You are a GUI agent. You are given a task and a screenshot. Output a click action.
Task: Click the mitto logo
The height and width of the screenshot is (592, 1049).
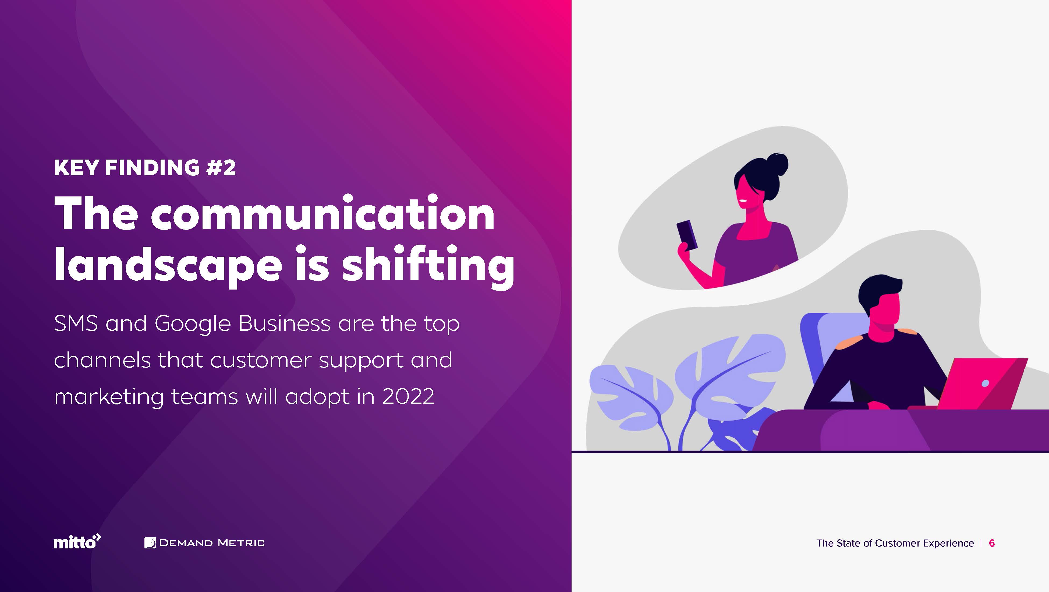pos(77,542)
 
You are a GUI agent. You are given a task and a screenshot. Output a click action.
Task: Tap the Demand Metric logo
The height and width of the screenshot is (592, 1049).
pos(204,543)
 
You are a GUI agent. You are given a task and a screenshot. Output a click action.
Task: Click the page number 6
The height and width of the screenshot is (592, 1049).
pos(992,543)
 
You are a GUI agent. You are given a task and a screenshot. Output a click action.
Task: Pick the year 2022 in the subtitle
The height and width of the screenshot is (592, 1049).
pos(409,396)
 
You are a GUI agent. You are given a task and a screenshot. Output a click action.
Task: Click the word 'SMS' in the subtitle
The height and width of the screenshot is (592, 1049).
pos(76,323)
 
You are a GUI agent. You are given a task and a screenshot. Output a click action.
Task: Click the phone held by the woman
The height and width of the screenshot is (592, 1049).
pos(687,235)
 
